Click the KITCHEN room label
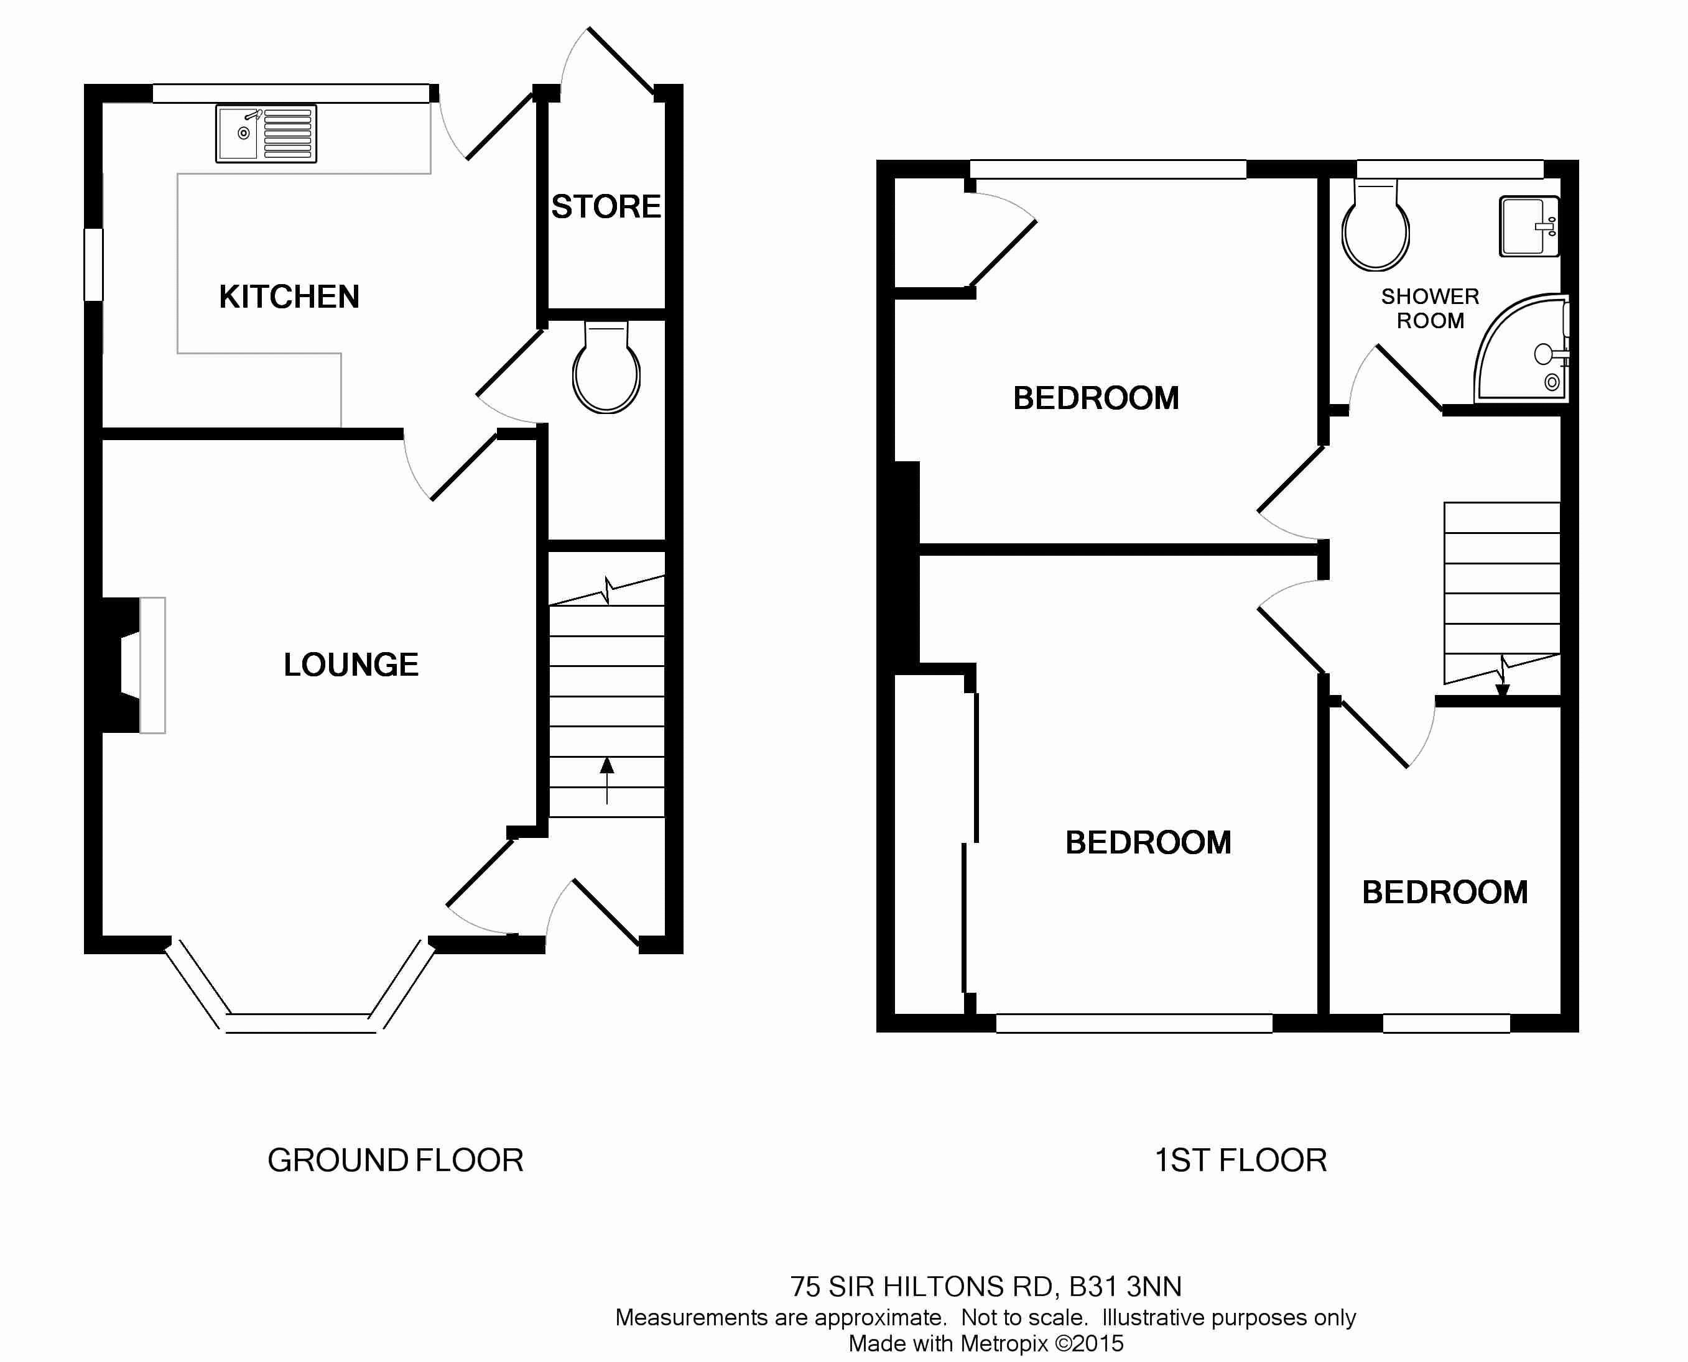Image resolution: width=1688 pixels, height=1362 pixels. tap(289, 297)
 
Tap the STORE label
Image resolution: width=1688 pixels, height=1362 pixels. tap(606, 206)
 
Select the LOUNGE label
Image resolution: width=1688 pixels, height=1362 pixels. tap(351, 665)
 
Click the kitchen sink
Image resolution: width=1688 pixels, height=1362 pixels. tap(266, 134)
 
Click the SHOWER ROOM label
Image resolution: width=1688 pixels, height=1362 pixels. tap(1430, 308)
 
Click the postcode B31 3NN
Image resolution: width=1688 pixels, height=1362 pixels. tap(1125, 1287)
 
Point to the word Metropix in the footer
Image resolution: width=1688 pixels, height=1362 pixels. tap(1004, 1344)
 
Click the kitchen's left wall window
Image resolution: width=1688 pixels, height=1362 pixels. tap(93, 264)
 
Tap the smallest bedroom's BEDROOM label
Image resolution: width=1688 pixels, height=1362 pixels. tap(1445, 892)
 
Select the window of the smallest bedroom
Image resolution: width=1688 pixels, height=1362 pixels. tap(1446, 1023)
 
